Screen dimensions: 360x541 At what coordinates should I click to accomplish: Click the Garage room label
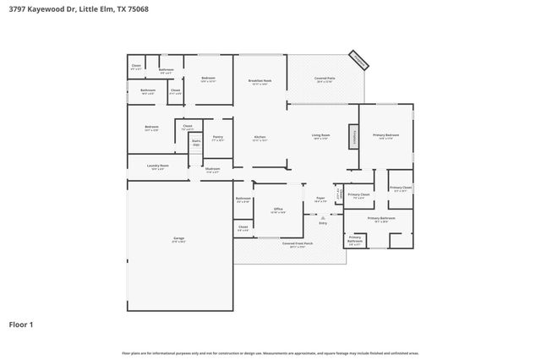click(179, 239)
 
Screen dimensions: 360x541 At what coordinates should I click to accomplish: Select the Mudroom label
click(212, 170)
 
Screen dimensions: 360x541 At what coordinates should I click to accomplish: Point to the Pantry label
click(217, 138)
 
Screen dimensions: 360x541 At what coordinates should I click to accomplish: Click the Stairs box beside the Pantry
click(196, 143)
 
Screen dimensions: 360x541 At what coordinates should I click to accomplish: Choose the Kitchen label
click(261, 138)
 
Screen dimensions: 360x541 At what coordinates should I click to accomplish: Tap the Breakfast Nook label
click(259, 82)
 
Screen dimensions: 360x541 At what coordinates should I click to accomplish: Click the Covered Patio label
click(325, 79)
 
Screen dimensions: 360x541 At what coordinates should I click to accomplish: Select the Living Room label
click(320, 136)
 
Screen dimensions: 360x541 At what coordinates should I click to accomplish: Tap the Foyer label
click(320, 201)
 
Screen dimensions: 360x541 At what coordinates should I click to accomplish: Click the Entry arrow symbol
click(323, 215)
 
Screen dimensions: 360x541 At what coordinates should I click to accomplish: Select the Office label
click(276, 210)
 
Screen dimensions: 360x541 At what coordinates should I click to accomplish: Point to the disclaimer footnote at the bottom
click(270, 352)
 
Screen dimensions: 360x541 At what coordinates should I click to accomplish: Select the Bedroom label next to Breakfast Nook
click(208, 79)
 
